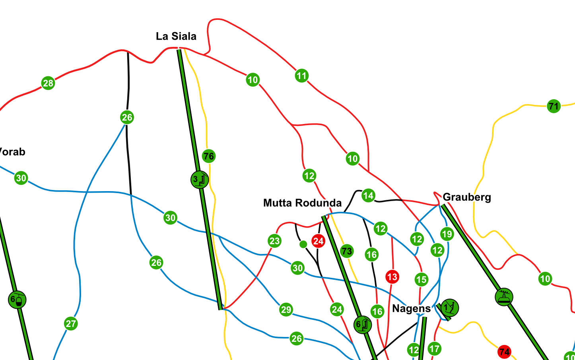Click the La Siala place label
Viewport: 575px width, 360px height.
pos(176,36)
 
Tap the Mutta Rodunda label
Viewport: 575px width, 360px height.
pos(302,203)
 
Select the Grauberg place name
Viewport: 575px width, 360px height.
pos(466,197)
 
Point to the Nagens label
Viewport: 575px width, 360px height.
pos(411,309)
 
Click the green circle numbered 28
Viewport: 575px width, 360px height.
pos(48,83)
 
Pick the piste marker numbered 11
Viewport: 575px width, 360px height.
pos(302,75)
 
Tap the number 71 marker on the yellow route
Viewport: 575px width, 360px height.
pos(554,106)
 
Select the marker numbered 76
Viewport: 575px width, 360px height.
pos(208,156)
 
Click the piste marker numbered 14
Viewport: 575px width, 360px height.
pos(368,195)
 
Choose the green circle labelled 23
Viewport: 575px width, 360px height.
pos(274,241)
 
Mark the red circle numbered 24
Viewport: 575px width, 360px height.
pos(318,241)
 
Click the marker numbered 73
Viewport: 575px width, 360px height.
pos(347,251)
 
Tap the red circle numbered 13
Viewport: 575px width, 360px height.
pos(392,277)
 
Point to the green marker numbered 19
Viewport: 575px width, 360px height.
pos(447,234)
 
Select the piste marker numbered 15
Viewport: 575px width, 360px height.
pos(422,280)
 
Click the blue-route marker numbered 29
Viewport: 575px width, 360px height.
pos(286,310)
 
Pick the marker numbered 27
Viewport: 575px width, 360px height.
pos(71,324)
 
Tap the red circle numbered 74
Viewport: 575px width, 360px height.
pos(504,352)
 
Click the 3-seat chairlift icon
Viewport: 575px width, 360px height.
pos(200,180)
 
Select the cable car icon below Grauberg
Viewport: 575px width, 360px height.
pos(504,297)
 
